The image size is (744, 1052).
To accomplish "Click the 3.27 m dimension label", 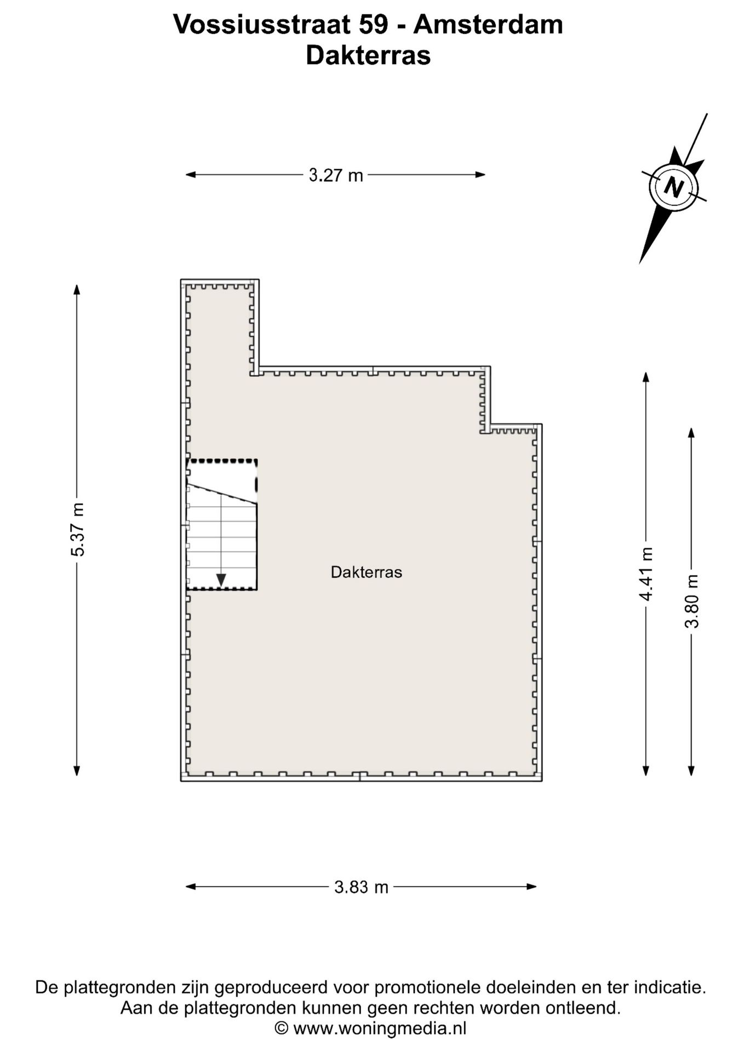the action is point(336,175).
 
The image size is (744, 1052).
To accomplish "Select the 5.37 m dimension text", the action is point(78,529).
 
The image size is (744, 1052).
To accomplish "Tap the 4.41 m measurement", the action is point(646,574).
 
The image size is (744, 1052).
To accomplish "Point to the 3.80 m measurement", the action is point(692,601).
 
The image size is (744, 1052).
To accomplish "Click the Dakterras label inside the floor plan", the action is point(367,573).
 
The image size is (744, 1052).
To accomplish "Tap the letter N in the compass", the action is point(673,187).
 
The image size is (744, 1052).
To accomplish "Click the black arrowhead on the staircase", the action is point(221,580).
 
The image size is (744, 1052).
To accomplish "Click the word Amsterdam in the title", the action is point(488,25).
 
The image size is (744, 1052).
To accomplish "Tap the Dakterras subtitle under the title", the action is point(368,55).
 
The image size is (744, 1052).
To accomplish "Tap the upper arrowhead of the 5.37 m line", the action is point(77,290).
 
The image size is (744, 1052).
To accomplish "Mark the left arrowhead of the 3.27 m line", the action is point(191,175).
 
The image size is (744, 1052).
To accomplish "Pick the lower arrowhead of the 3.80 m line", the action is point(691,770).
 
